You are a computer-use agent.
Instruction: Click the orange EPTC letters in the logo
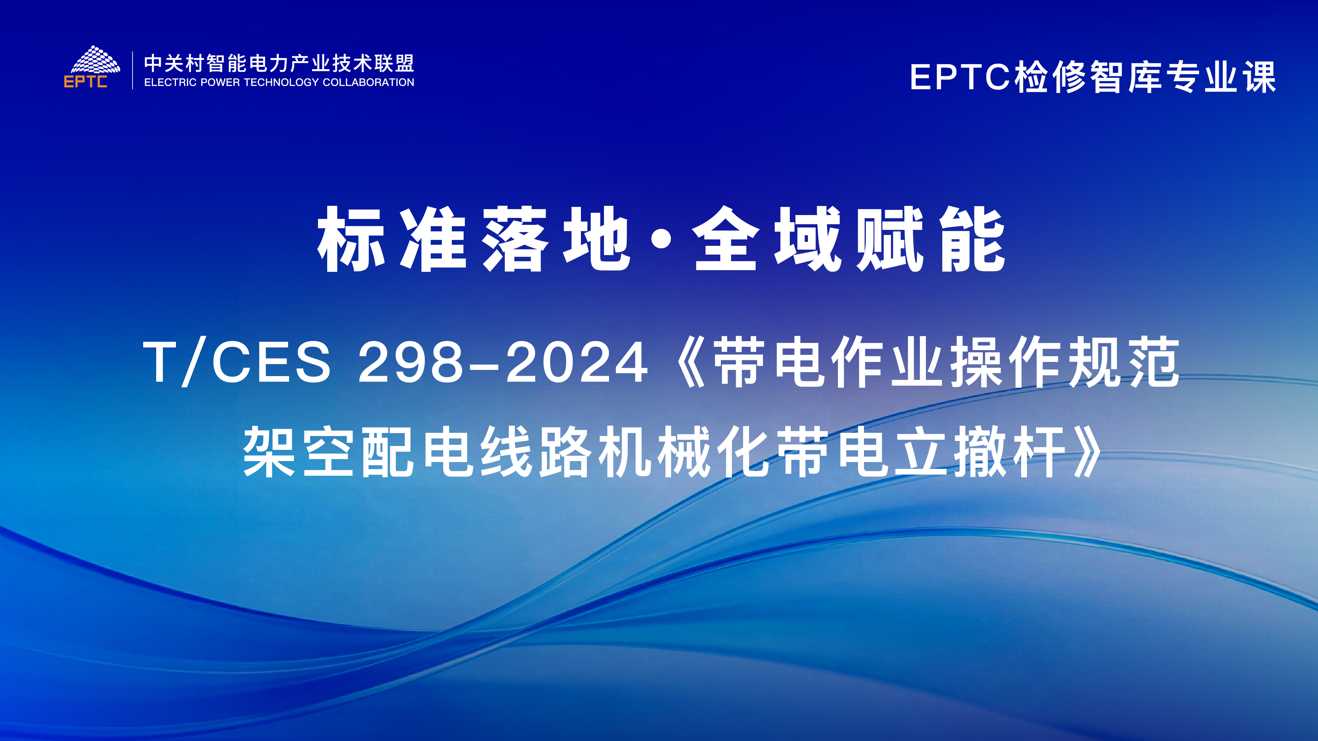85,82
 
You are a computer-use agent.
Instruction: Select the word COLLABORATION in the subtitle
368,82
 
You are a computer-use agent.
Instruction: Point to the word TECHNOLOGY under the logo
281,82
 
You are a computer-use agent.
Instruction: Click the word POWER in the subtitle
220,82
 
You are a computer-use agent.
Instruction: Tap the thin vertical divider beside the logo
132,70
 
